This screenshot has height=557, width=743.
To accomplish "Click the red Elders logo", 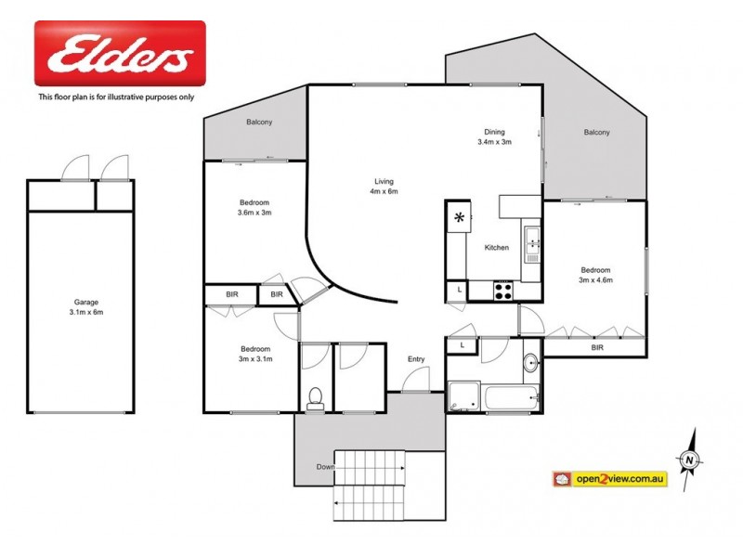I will [120, 54].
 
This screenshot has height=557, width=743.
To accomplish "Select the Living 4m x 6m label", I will [385, 187].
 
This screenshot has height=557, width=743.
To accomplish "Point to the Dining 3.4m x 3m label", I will [494, 136].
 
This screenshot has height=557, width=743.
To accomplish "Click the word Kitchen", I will [497, 248].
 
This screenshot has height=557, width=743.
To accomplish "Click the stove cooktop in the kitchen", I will [502, 290].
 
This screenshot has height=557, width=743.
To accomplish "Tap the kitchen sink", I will [532, 244].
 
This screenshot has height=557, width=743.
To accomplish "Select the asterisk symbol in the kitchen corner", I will [459, 218].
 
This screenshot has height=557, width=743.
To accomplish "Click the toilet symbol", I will [315, 397].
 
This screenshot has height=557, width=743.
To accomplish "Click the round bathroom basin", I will [529, 362].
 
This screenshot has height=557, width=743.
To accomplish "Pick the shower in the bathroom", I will [463, 397].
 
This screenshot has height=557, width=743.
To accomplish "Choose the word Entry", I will [415, 359].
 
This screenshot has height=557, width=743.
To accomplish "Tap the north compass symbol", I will [690, 458].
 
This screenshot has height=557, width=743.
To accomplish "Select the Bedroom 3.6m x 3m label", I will [254, 208].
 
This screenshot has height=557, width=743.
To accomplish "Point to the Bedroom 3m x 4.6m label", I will [596, 274].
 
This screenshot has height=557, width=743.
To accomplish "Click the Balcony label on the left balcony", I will [258, 123].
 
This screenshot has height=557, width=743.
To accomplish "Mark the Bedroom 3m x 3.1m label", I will [254, 353].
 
